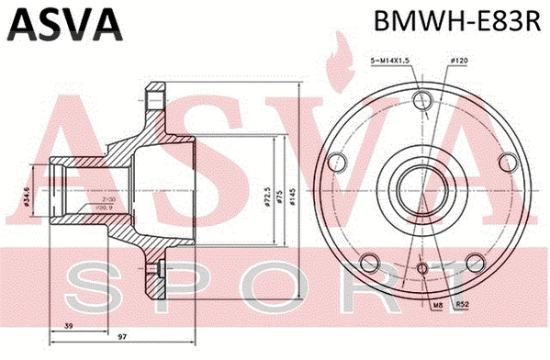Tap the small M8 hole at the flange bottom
coord(422,267)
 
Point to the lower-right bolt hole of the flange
coord(473,258)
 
